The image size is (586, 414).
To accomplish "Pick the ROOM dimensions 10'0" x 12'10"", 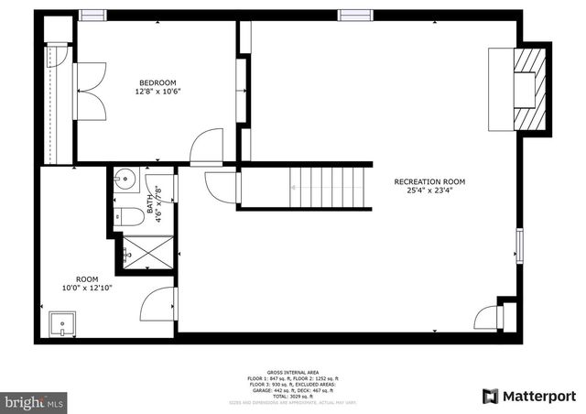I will point(88,289).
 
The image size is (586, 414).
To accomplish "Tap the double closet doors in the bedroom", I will point(89,92).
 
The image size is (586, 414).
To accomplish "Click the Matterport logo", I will point(528,396).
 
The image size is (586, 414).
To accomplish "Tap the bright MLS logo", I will point(34,400).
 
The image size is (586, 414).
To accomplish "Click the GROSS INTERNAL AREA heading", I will point(292,371).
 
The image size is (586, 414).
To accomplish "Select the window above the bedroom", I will point(92,15).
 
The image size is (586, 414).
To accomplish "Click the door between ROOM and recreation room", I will point(161,303).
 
